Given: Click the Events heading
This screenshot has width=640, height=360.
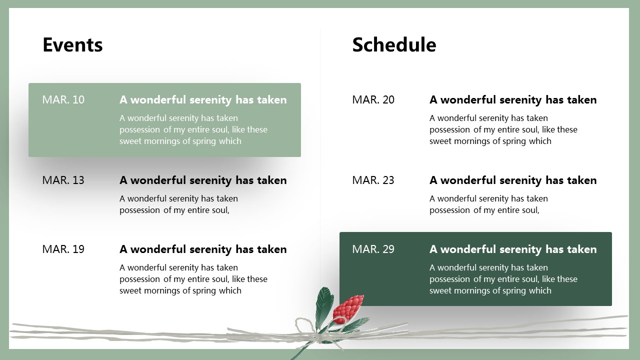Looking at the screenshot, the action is [x=72, y=45].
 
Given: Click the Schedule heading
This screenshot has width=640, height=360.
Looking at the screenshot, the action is [x=394, y=45].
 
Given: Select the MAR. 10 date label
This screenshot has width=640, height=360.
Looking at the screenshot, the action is [x=63, y=99].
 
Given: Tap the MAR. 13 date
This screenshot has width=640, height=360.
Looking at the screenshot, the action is [x=63, y=180].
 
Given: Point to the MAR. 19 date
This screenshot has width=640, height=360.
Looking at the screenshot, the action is [x=63, y=249].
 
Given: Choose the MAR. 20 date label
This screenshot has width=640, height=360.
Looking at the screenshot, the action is [x=373, y=99].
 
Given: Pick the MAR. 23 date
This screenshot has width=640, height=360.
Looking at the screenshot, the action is [x=373, y=180].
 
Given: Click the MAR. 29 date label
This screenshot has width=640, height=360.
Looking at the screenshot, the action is [x=373, y=249].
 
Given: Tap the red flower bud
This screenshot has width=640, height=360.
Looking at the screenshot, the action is [x=348, y=309].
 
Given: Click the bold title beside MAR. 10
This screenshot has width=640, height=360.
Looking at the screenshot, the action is [x=203, y=100].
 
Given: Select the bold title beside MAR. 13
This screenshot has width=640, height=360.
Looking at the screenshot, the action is [x=203, y=180].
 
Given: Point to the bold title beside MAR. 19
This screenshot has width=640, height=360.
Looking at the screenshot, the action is [x=203, y=249].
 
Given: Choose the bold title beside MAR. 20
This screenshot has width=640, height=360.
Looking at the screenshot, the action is [x=513, y=100].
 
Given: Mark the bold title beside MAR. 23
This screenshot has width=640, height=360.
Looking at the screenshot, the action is [x=513, y=180].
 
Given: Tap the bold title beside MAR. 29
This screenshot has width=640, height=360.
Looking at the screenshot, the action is [x=513, y=249].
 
